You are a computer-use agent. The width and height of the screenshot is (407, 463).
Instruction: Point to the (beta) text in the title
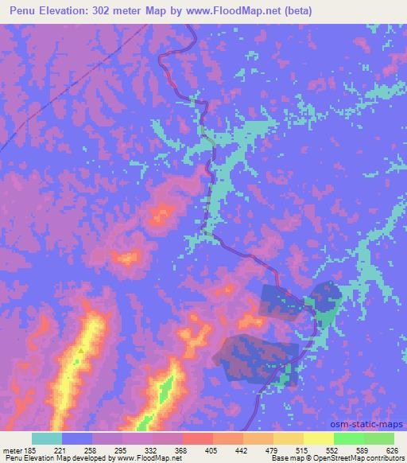[295, 11]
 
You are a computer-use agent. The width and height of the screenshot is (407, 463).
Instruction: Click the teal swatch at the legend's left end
[47, 438]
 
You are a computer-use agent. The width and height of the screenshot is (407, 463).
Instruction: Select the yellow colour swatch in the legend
[319, 438]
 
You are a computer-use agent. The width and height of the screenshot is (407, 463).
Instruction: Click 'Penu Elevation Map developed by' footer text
[56, 458]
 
